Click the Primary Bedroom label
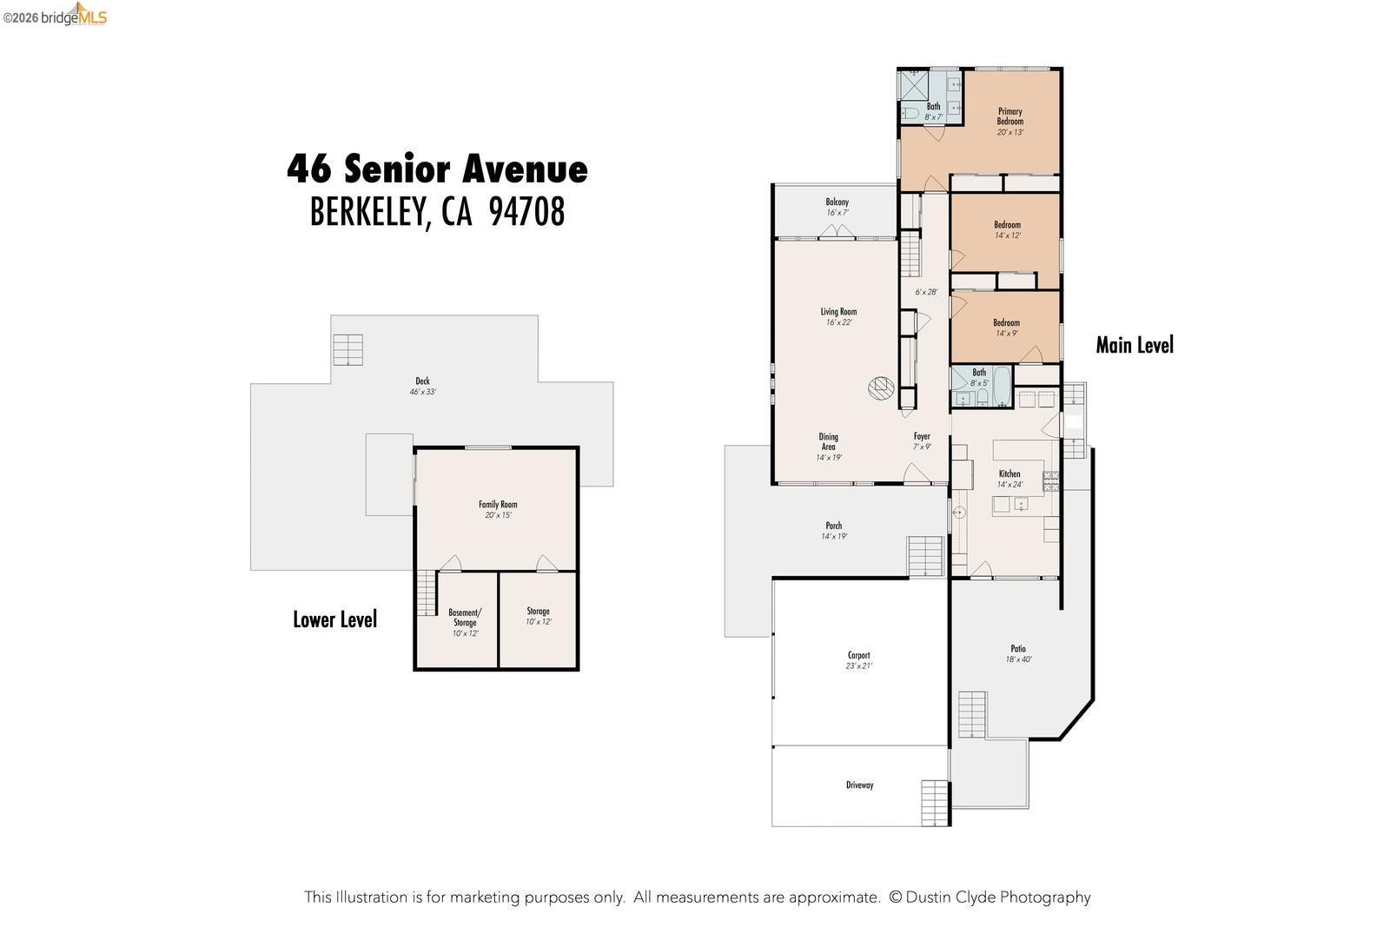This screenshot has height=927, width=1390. click(1009, 116)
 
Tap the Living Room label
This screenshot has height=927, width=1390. click(838, 312)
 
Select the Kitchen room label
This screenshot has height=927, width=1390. click(1009, 473)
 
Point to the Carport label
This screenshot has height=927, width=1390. click(859, 655)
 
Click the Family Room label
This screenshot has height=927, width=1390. click(498, 505)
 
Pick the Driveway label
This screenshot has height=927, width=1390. click(859, 785)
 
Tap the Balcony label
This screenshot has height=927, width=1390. click(837, 202)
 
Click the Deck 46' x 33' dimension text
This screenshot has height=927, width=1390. click(422, 392)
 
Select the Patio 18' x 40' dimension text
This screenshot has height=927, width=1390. click(1018, 659)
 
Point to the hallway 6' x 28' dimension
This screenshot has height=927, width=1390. click(926, 292)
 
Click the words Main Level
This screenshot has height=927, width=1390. click(1135, 345)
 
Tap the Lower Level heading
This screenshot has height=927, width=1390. click(335, 619)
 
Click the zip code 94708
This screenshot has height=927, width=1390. click(526, 212)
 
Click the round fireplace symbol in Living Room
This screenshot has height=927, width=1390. click(881, 388)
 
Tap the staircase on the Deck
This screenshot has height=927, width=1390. click(348, 350)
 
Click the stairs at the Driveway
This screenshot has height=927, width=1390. click(935, 803)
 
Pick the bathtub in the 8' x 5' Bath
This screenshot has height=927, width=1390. click(1003, 386)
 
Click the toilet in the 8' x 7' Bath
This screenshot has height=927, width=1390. click(910, 113)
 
